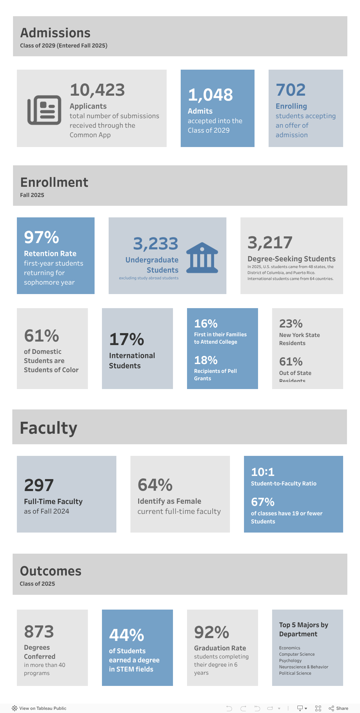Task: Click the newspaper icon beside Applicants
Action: tap(44, 110)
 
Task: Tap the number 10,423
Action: tap(97, 90)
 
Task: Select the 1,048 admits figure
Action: tap(210, 95)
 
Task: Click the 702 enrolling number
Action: tap(290, 90)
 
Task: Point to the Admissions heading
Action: tap(55, 33)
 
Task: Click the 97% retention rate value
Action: tap(41, 237)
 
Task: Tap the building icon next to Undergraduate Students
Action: tap(202, 258)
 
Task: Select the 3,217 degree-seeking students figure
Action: tap(270, 243)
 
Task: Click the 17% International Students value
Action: tap(127, 339)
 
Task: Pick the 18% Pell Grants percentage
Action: tap(206, 361)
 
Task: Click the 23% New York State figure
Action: tap(290, 324)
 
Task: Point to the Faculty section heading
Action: tap(49, 428)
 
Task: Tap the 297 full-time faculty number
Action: tap(39, 486)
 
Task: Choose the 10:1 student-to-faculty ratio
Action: tap(263, 472)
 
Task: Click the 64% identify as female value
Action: tap(155, 485)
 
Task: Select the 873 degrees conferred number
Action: tap(39, 632)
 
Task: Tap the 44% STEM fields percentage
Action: tap(127, 635)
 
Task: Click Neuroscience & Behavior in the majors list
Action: tap(303, 667)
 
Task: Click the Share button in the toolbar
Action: tap(339, 708)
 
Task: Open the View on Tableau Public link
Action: tap(39, 708)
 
